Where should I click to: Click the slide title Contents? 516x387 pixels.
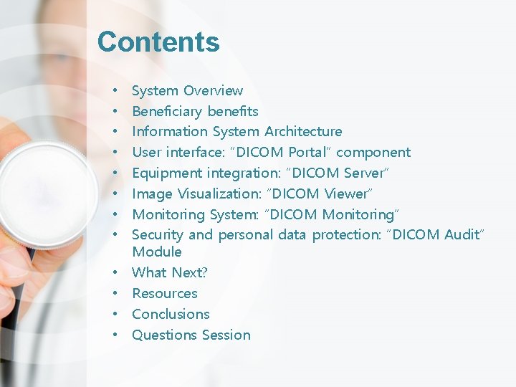pyautogui.click(x=158, y=42)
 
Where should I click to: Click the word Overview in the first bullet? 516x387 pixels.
pyautogui.click(x=213, y=91)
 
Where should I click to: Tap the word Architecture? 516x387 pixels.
pyautogui.click(x=303, y=132)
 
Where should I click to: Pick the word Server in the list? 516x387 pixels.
pyautogui.click(x=365, y=173)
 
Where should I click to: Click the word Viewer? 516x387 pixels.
pyautogui.click(x=347, y=193)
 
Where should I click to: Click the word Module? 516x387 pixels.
pyautogui.click(x=157, y=252)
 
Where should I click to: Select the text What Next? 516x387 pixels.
pyautogui.click(x=170, y=273)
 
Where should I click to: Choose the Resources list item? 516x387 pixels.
pyautogui.click(x=165, y=294)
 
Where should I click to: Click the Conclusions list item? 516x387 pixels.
pyautogui.click(x=171, y=315)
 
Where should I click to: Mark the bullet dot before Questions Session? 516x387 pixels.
pyautogui.click(x=115, y=335)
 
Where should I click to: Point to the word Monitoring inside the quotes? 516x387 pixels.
pyautogui.click(x=359, y=214)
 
